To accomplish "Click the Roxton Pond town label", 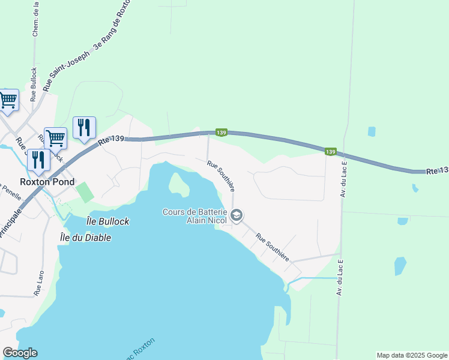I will [x=47, y=182].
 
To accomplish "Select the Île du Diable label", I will [x=85, y=237].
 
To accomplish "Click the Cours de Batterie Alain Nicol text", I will [x=194, y=216].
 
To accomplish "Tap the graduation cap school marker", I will [x=237, y=215].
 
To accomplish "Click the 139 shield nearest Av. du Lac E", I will [x=330, y=152].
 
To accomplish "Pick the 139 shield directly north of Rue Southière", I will [x=221, y=132].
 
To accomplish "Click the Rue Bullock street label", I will [x=34, y=83].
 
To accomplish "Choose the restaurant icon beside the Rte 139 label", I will [x=84, y=127].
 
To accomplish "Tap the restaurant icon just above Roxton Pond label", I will [x=37, y=159].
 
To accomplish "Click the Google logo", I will [x=20, y=353].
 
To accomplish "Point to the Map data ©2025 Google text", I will [x=412, y=355].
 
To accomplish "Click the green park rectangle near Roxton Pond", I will [x=85, y=193].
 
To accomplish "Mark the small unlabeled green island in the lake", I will [x=179, y=184].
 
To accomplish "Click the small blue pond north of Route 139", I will [x=372, y=131].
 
